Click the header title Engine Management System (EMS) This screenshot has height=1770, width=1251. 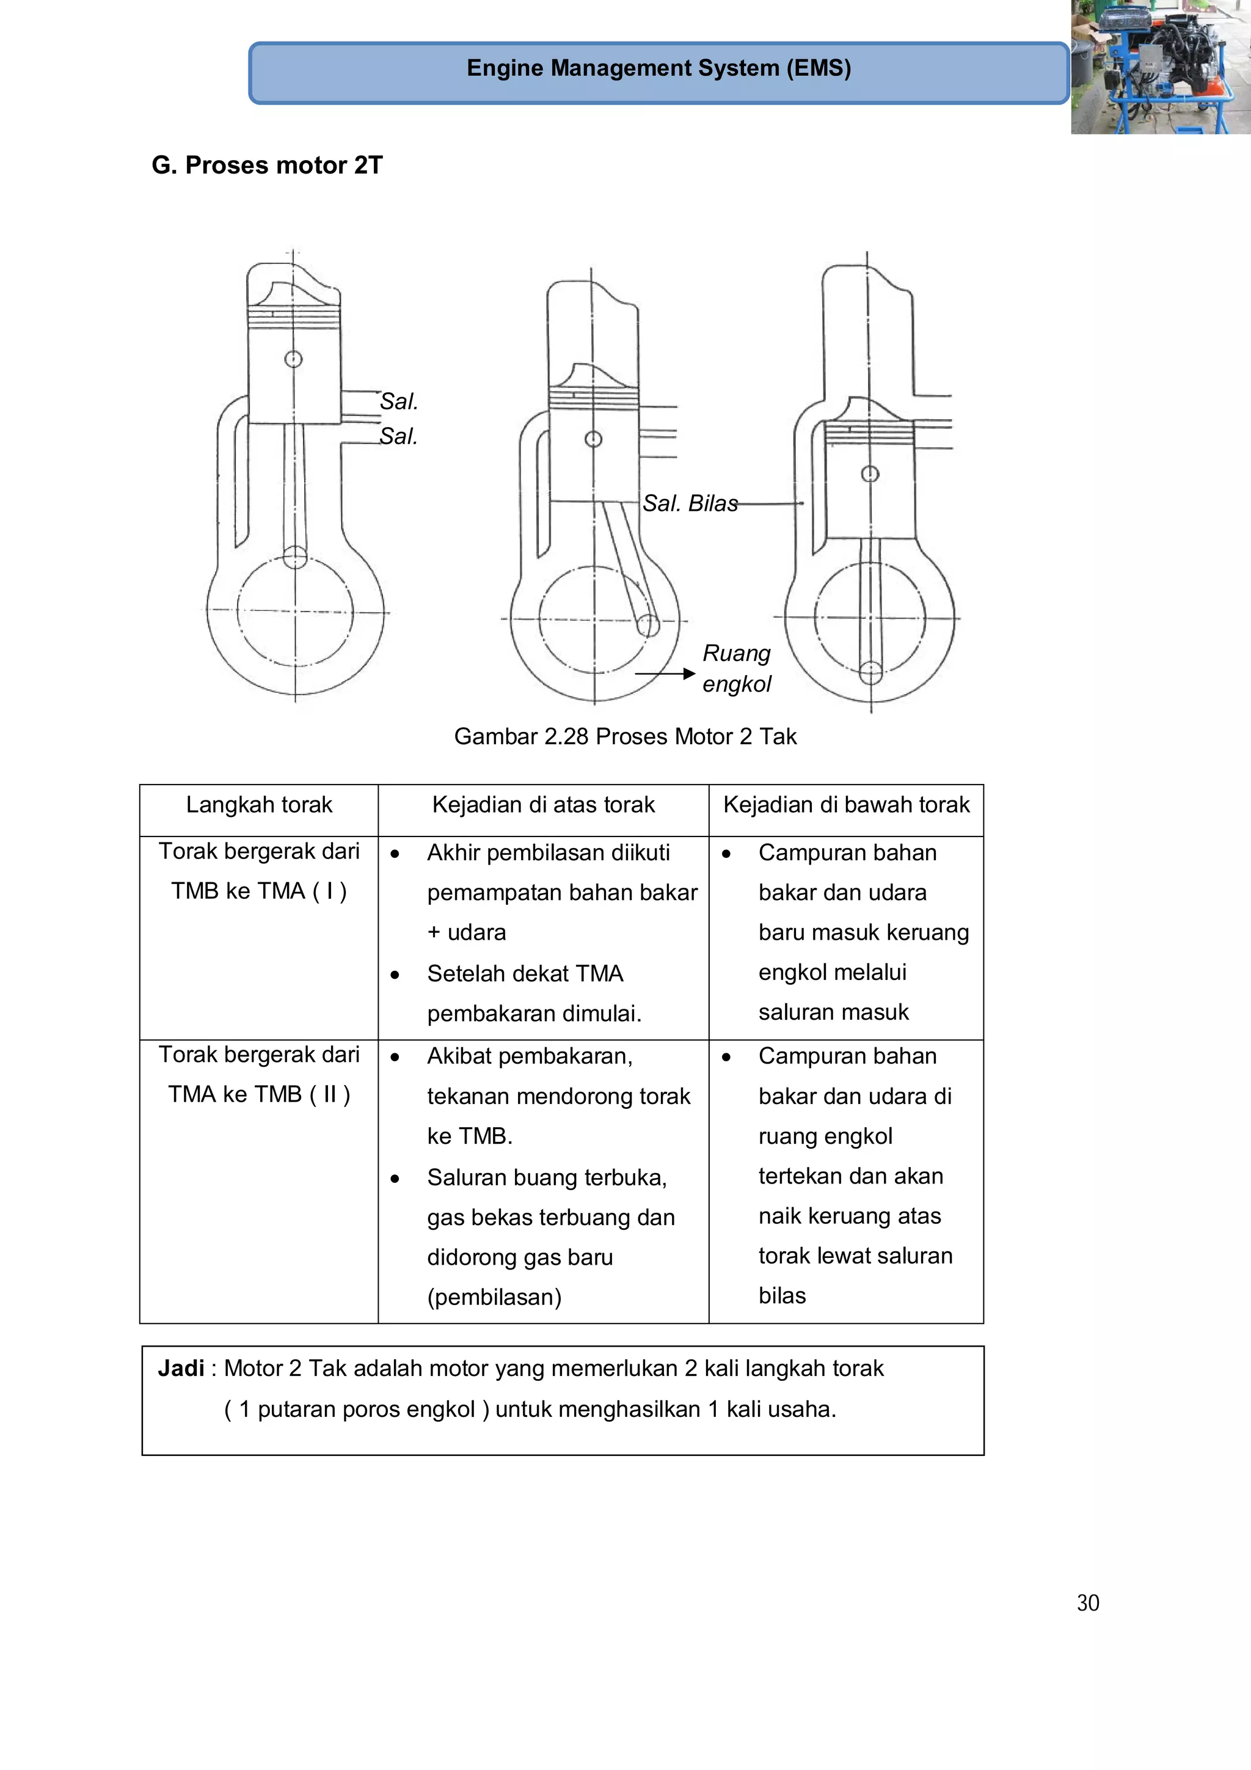[x=658, y=68]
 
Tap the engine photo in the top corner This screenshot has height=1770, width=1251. [x=1160, y=67]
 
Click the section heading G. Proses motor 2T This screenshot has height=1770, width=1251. [x=267, y=165]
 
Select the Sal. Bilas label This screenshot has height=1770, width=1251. [x=690, y=503]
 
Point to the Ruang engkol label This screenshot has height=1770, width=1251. [x=736, y=668]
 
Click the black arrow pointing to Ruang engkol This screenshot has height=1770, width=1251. [x=665, y=674]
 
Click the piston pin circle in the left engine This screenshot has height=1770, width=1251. [x=294, y=359]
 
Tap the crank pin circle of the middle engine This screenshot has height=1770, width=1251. [x=648, y=625]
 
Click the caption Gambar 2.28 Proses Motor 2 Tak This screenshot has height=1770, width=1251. [x=625, y=736]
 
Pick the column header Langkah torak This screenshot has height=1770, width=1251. [x=259, y=805]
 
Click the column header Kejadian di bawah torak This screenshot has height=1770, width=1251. [x=845, y=805]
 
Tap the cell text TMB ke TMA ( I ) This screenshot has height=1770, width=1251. [x=259, y=891]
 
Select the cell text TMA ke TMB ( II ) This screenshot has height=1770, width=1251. [x=259, y=1095]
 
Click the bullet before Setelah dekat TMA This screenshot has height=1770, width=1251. [x=395, y=975]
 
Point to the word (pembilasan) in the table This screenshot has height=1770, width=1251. [x=494, y=1298]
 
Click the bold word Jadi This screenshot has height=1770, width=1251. [x=181, y=1369]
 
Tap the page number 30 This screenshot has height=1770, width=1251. [x=1087, y=1603]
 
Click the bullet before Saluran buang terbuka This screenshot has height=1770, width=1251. [x=395, y=1179]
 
